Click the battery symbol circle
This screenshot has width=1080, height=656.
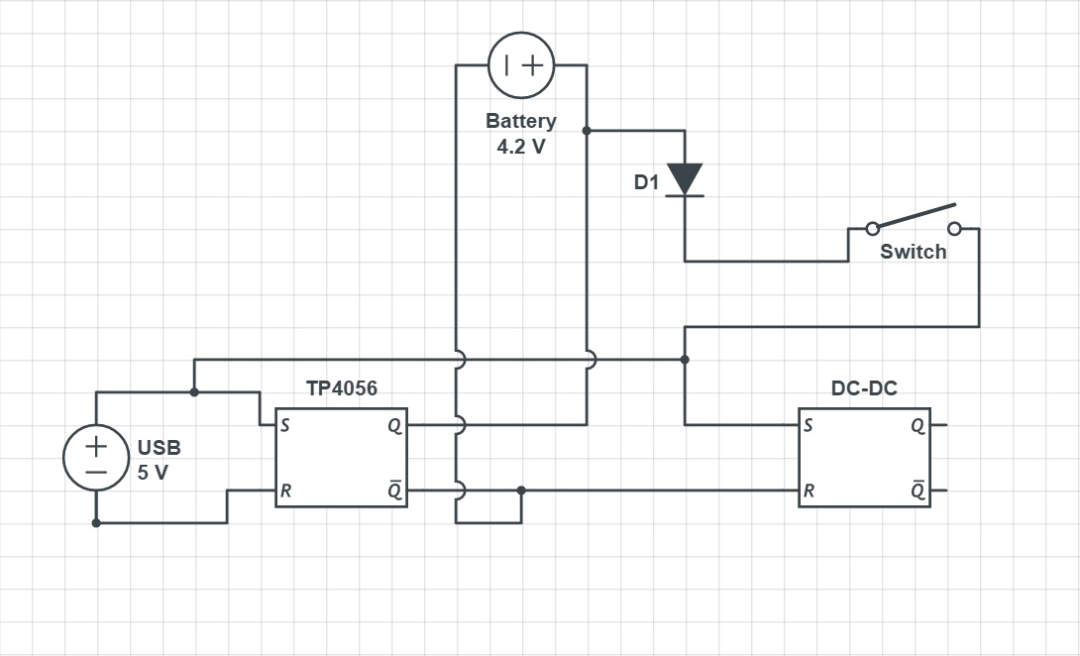521,65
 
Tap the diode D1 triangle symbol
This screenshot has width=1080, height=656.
685,179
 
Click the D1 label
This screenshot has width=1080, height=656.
646,183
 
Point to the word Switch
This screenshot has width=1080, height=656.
913,252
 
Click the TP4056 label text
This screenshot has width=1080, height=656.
342,388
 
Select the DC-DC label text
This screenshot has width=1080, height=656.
864,388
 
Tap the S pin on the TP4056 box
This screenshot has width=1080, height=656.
285,425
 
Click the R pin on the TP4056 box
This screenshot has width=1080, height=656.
285,491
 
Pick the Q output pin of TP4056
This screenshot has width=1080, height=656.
395,425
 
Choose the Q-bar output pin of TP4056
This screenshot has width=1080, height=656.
395,491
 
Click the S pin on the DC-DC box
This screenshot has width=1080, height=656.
810,425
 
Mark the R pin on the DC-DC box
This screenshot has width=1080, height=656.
810,491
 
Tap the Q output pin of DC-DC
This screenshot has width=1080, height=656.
918,425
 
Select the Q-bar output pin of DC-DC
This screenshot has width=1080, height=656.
918,491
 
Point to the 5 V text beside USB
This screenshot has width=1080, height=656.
153,473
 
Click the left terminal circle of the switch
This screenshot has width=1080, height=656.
872,229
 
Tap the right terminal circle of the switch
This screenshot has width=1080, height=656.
954,229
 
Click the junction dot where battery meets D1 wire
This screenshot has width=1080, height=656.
587,130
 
